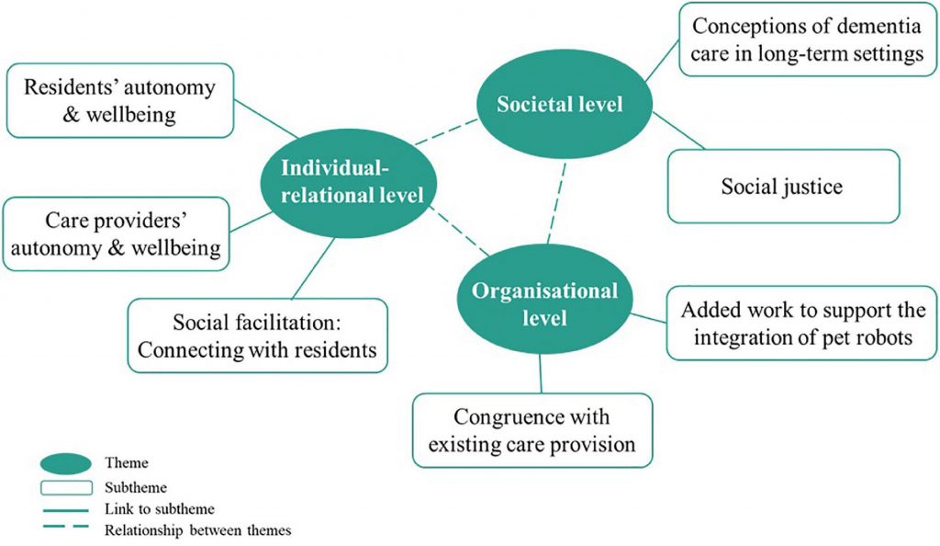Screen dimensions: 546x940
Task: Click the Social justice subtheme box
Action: coord(782,187)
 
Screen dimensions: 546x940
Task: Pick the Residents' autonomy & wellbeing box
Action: coord(118,101)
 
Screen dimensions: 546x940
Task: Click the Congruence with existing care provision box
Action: coord(532,430)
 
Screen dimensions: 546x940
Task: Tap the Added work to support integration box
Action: coord(802,324)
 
